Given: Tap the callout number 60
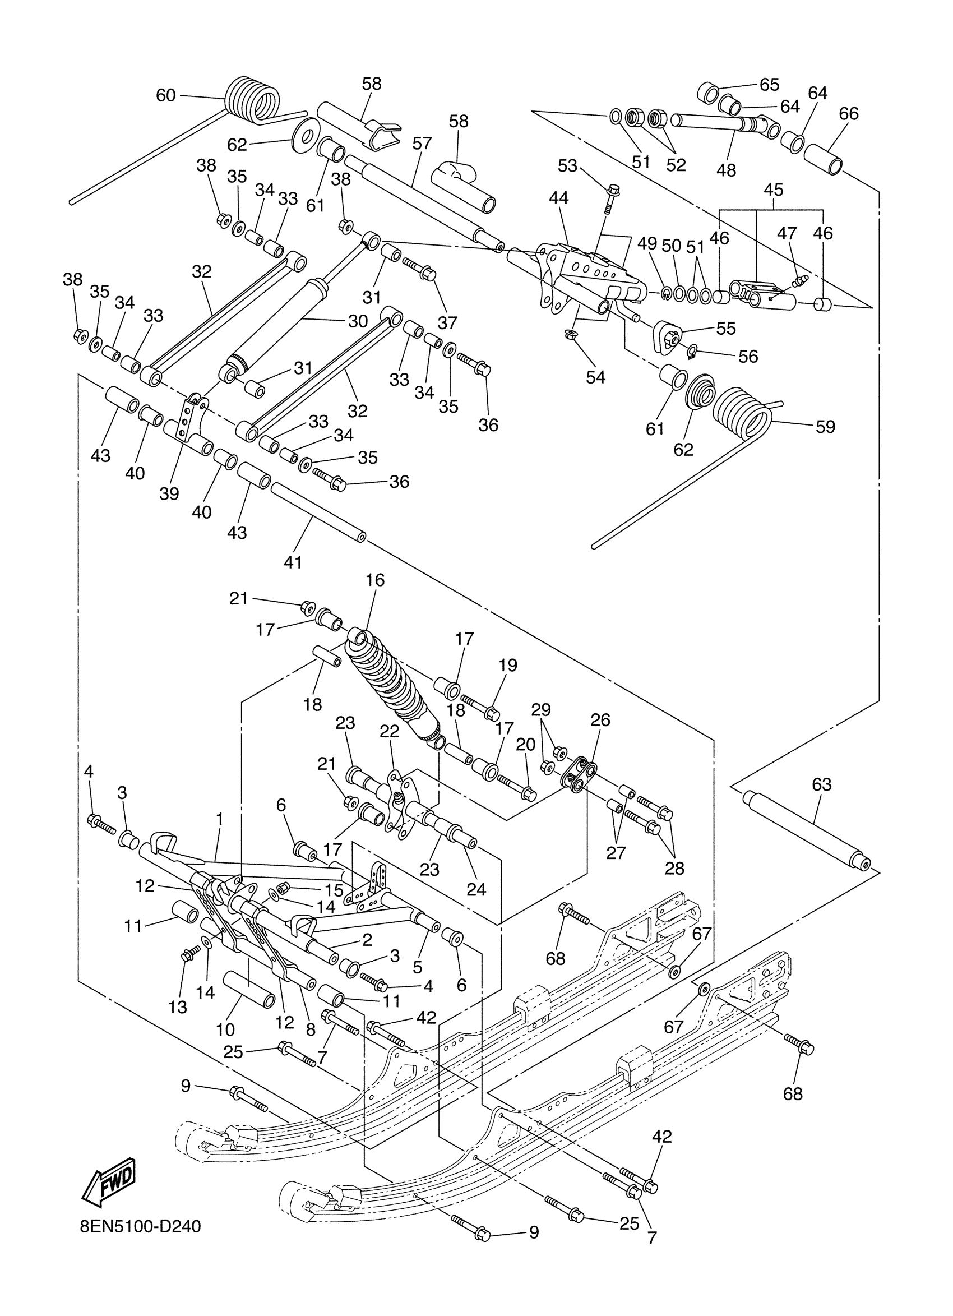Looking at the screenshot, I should (x=166, y=95).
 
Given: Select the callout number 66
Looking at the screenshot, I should (x=849, y=113).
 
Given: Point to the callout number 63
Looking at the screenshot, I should (x=822, y=784).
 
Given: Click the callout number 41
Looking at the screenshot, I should (x=293, y=562).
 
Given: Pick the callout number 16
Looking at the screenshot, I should (x=374, y=580).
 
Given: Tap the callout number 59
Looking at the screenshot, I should (x=825, y=427).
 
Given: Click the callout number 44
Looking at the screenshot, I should (x=558, y=198).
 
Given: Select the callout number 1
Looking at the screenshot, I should (x=219, y=819).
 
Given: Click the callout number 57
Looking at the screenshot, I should (x=422, y=144).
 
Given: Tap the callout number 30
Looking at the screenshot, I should (x=358, y=321).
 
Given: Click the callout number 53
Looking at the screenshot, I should (x=567, y=166).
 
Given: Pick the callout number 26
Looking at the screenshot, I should (x=600, y=719).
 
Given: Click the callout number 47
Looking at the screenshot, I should (x=787, y=233).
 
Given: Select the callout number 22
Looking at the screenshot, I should (x=390, y=732).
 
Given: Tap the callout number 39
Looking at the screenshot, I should (x=169, y=494).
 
